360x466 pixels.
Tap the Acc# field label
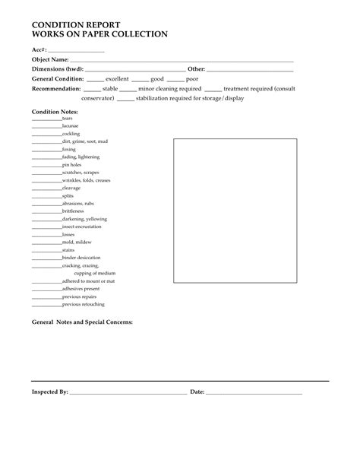39,50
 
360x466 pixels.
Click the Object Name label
50,59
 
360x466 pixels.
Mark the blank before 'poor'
175,78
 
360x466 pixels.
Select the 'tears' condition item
68,119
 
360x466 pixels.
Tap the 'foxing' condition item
69,150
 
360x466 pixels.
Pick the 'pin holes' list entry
72,165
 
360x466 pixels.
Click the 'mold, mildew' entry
77,242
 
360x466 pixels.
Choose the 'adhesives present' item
81,289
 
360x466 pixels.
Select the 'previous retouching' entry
84,304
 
